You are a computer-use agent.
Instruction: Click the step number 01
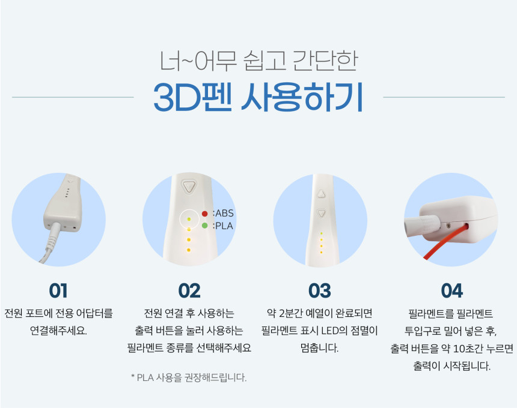[x=58, y=290]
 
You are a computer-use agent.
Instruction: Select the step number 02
[x=189, y=290]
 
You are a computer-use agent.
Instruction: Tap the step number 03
[x=320, y=290]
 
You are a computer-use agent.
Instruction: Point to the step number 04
[x=451, y=290]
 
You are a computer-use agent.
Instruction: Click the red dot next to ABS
[x=205, y=214]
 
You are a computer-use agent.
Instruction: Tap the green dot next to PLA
[x=205, y=226]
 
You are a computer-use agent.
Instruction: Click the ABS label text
[x=225, y=213]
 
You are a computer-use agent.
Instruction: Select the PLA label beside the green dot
[x=224, y=226]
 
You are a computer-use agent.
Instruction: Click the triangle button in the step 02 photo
[x=189, y=187]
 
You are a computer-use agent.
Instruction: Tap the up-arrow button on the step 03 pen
[x=321, y=194]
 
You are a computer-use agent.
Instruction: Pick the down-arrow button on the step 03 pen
[x=321, y=213]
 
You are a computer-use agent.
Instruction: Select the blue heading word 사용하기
[x=302, y=97]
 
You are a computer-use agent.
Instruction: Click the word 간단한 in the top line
[x=325, y=61]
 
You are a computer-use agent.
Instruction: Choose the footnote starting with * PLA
[x=189, y=377]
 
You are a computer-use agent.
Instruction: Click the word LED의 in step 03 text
[x=334, y=331]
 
